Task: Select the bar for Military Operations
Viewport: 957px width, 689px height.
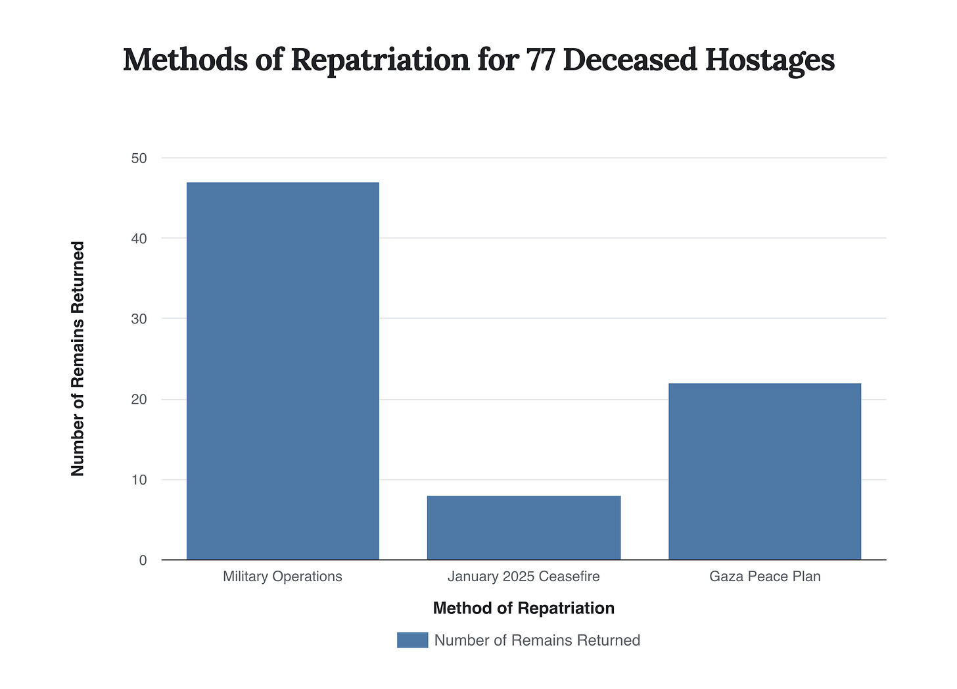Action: point(283,371)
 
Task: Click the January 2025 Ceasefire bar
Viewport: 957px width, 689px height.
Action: point(524,528)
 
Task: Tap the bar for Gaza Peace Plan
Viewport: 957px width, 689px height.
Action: point(764,471)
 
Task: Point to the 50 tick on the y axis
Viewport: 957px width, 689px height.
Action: point(139,158)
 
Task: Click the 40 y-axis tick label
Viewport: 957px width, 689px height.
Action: point(139,239)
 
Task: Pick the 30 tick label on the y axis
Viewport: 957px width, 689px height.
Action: point(139,319)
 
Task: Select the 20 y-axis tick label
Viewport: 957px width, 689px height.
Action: point(139,400)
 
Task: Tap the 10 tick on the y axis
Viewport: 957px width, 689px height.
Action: point(139,480)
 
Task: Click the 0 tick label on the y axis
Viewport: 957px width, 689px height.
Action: point(143,561)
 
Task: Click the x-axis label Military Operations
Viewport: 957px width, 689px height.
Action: point(283,577)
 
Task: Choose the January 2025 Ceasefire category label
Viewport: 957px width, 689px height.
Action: point(524,577)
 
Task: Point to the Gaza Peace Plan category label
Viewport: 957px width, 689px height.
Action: point(765,577)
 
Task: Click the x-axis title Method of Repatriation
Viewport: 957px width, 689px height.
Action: point(524,608)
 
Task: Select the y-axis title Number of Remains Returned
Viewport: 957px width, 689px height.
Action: point(78,359)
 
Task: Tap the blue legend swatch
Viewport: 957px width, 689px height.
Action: point(412,640)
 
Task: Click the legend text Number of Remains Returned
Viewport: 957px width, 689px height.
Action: point(537,640)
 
